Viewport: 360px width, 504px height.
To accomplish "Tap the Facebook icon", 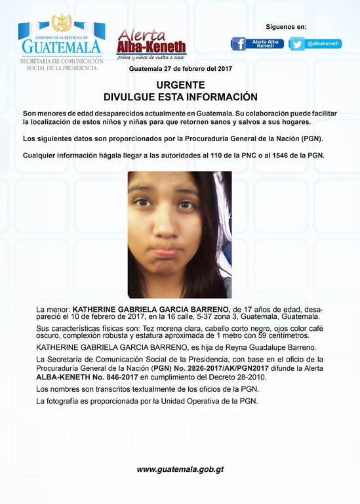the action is tap(239, 44).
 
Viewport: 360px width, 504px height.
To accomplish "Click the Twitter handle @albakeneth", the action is tap(323, 44).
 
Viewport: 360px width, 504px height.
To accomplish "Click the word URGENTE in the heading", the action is tap(180, 85).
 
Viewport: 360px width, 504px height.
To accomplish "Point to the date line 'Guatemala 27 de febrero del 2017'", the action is tap(180, 69).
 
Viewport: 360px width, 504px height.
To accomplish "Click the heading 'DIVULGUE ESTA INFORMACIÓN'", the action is tap(180, 96).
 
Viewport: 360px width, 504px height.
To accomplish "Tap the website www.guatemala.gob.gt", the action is tap(180, 469).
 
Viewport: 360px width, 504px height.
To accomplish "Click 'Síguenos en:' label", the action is tap(286, 27).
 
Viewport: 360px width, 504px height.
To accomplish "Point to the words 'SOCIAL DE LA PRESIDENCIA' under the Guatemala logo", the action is tap(60, 68).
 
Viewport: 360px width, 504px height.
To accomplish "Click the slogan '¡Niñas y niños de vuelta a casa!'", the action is tap(151, 58).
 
